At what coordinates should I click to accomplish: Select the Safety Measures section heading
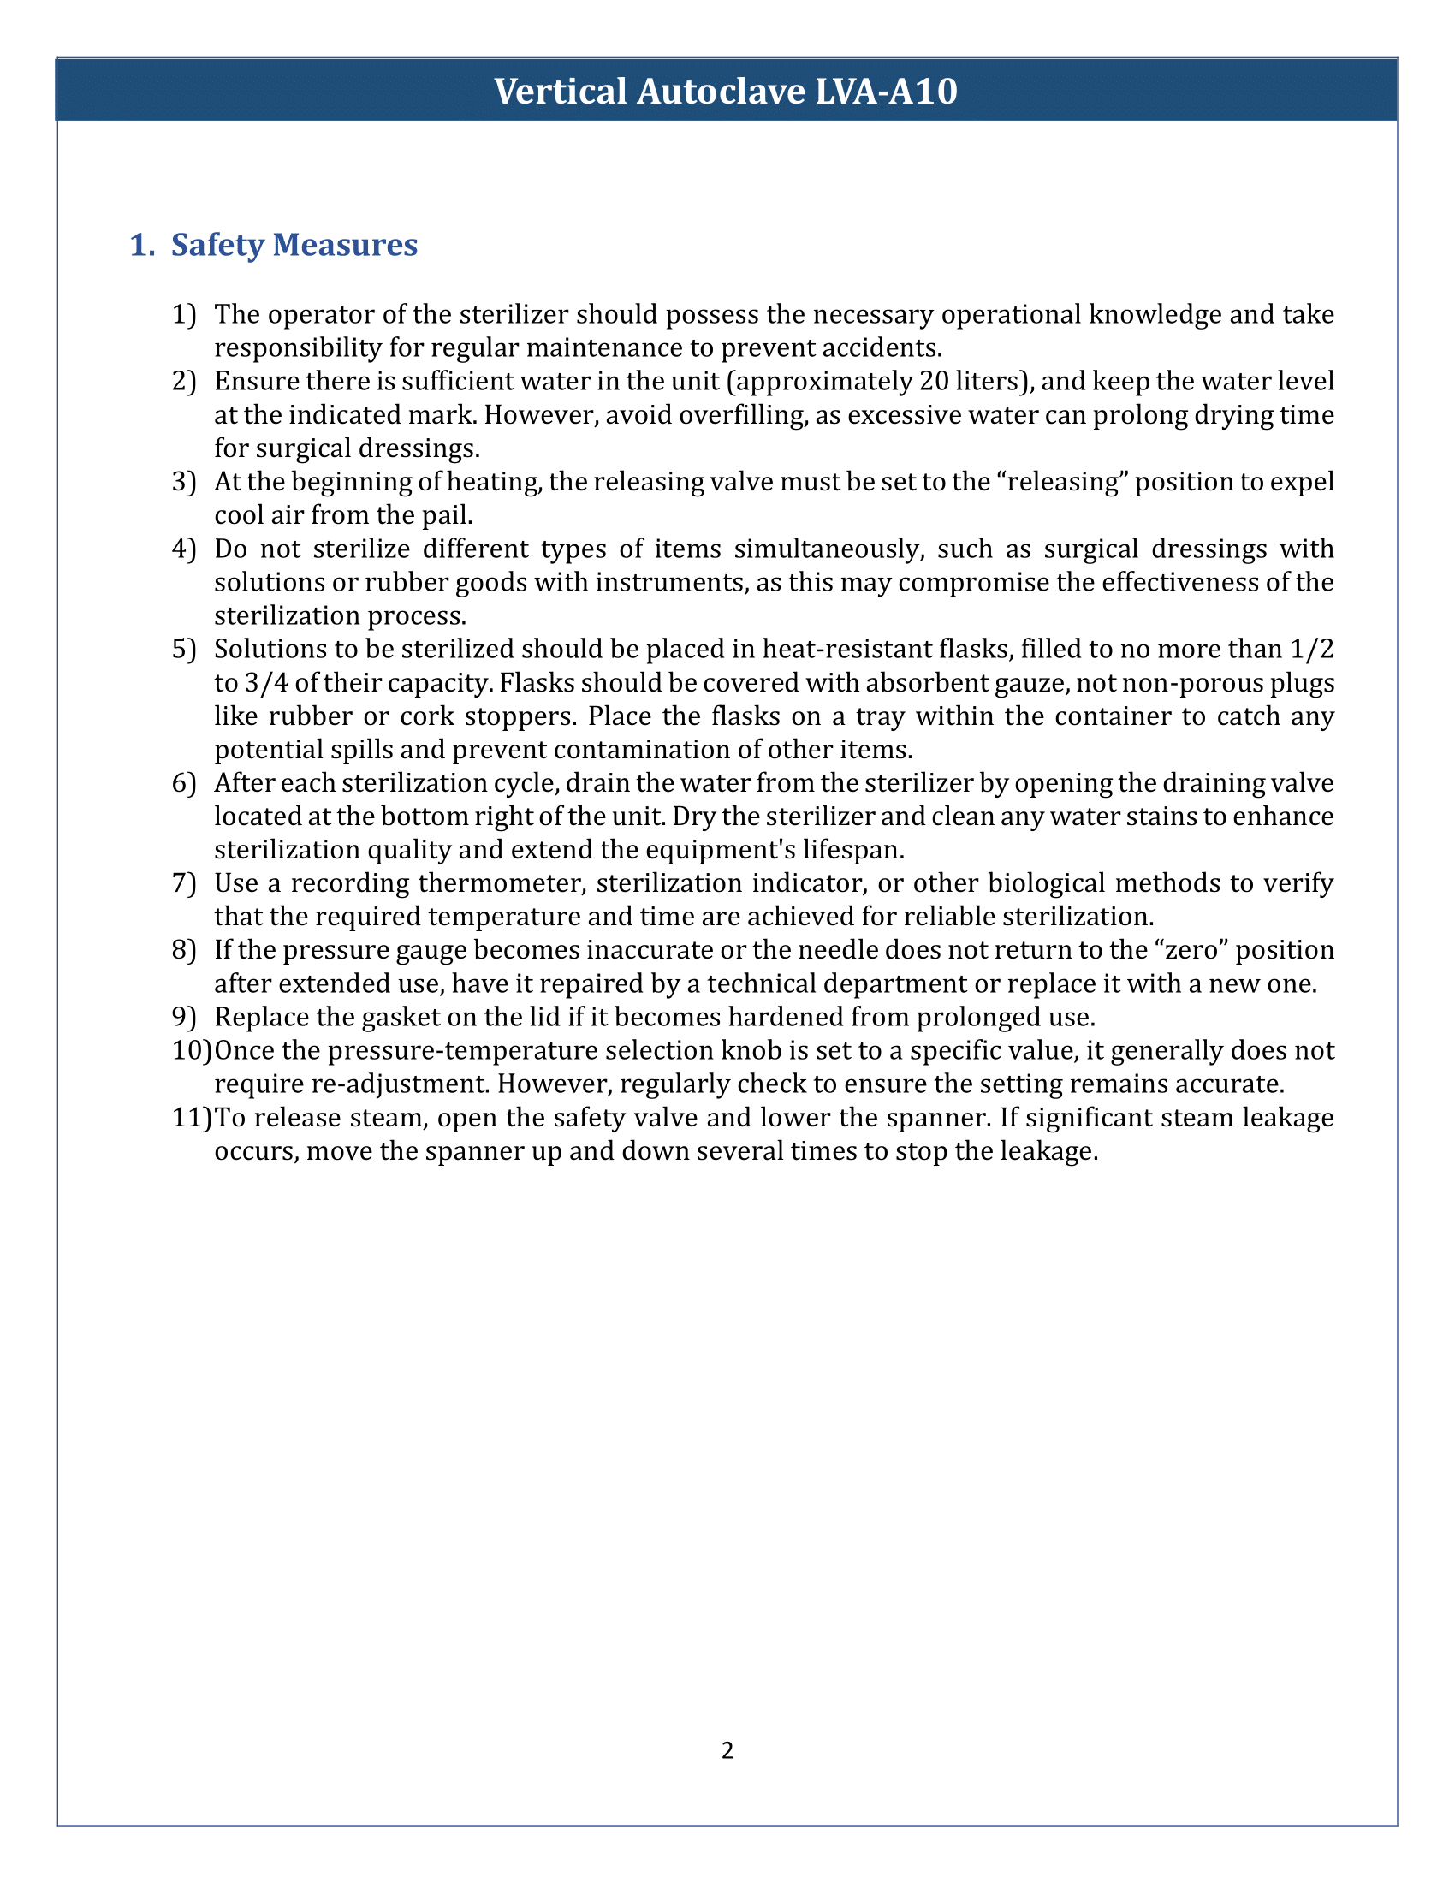(293, 245)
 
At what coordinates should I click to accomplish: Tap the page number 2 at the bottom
(727, 1750)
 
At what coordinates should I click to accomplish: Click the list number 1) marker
(184, 314)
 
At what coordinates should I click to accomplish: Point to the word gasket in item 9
(369, 1018)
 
